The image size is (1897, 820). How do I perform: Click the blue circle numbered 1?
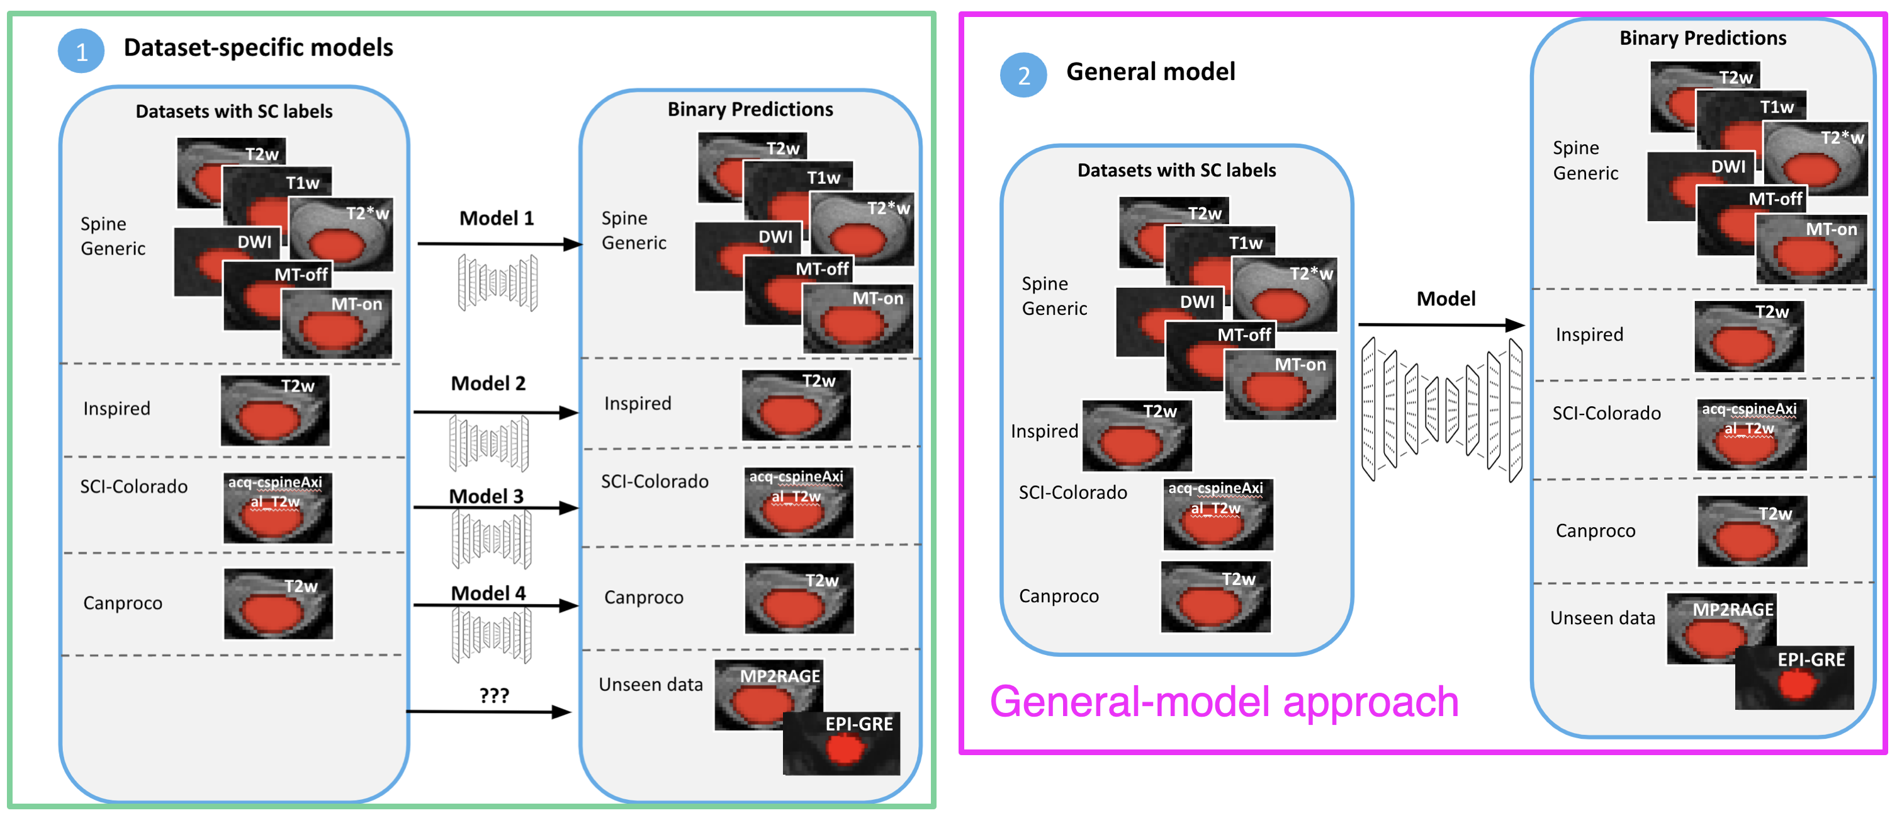[81, 51]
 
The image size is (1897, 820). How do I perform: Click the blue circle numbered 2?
[1023, 75]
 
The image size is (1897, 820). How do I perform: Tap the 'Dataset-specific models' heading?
[258, 48]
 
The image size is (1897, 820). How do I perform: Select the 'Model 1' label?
[497, 218]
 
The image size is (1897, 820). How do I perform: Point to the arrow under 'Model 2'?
[495, 413]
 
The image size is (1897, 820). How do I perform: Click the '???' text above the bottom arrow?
[493, 695]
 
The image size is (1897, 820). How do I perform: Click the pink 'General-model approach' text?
[1223, 702]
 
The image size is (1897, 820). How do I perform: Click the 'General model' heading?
[1151, 71]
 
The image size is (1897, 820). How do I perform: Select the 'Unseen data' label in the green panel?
[650, 685]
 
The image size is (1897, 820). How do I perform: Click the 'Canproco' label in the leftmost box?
[122, 603]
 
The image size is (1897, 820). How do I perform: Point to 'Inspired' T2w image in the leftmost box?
[276, 411]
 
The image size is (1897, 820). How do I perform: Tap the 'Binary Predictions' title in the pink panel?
[1702, 38]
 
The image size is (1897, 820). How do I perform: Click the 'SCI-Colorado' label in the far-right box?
[1606, 413]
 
